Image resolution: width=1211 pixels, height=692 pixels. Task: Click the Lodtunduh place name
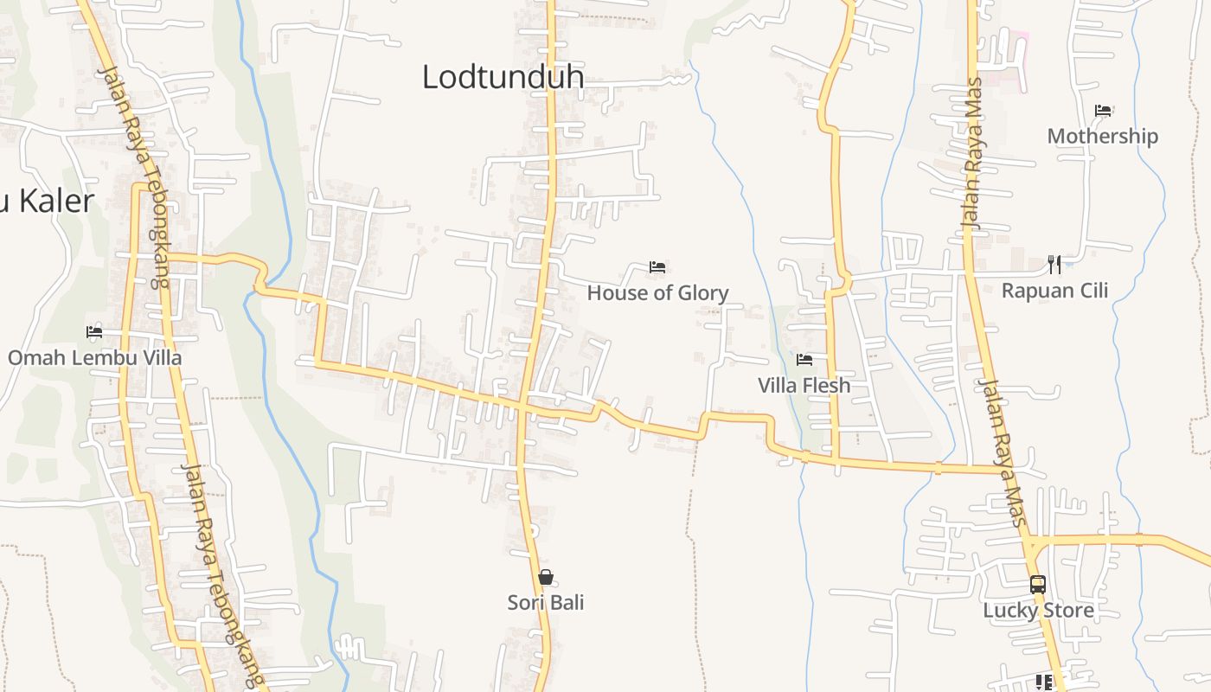click(x=503, y=77)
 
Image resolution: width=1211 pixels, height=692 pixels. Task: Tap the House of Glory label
click(x=657, y=293)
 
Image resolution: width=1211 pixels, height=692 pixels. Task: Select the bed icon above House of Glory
click(x=657, y=267)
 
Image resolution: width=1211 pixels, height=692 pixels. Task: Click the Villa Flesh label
click(x=804, y=385)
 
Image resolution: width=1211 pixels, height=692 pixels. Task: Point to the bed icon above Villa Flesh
click(x=804, y=359)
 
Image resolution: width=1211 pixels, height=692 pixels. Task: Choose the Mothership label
click(x=1102, y=136)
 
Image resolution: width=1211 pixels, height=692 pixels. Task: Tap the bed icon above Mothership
click(x=1103, y=111)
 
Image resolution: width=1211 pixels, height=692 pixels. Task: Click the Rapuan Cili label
click(x=1054, y=291)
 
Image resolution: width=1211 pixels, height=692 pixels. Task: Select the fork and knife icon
click(x=1054, y=264)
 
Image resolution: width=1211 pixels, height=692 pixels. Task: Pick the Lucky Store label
click(x=1038, y=611)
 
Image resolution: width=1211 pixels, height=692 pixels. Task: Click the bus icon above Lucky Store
click(x=1038, y=585)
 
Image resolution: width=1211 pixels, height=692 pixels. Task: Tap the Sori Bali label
click(x=545, y=602)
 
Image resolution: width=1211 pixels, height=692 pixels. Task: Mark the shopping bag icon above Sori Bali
click(x=545, y=577)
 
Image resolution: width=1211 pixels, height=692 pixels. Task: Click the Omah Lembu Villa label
click(x=95, y=357)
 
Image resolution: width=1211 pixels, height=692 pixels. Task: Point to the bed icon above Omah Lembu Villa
click(x=94, y=331)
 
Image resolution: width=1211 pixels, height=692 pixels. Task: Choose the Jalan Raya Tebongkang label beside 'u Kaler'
click(x=134, y=177)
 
